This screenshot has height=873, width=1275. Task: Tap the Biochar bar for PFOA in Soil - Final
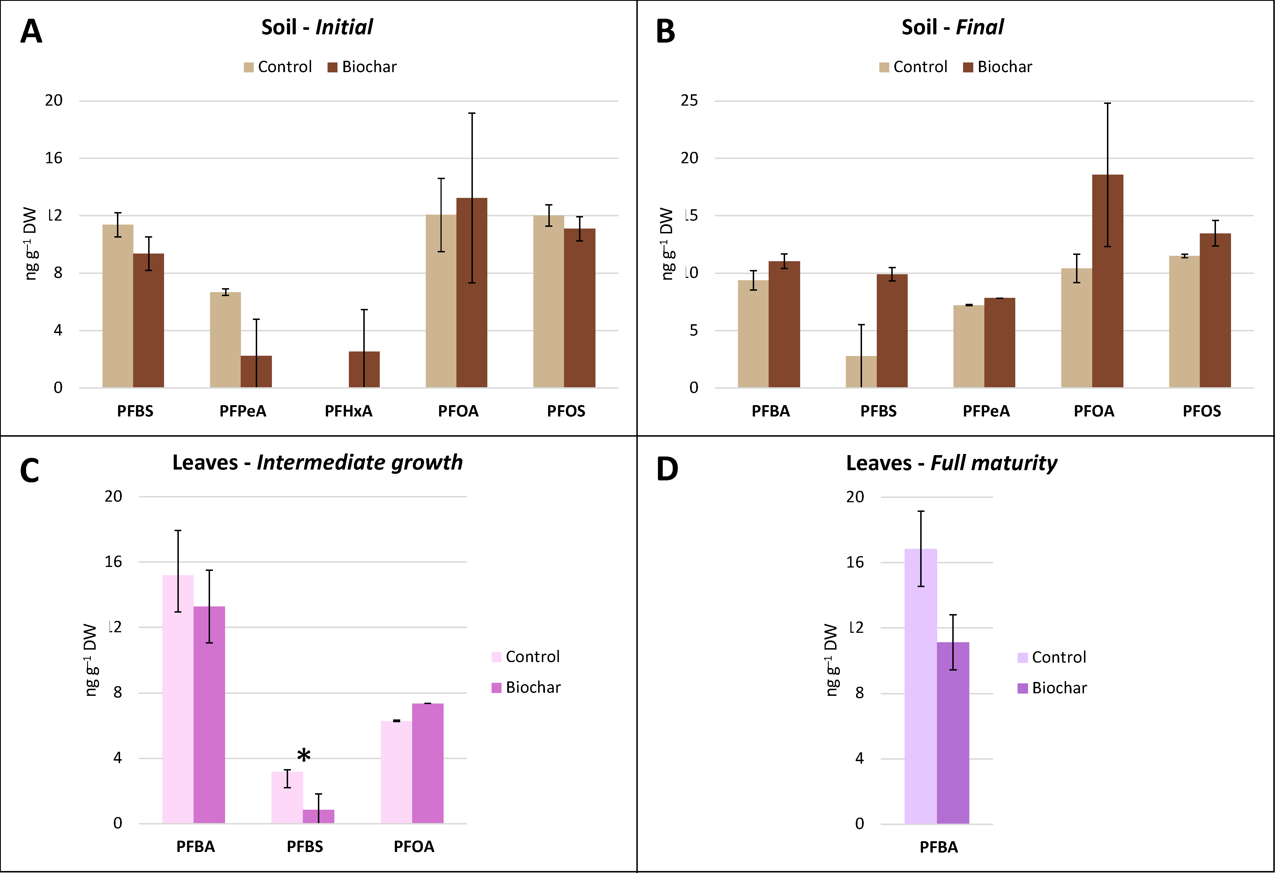point(1107,281)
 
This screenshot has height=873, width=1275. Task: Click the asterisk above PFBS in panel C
point(303,755)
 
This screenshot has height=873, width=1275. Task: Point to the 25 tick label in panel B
point(690,101)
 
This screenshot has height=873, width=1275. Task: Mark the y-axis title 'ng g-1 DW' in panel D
point(832,660)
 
